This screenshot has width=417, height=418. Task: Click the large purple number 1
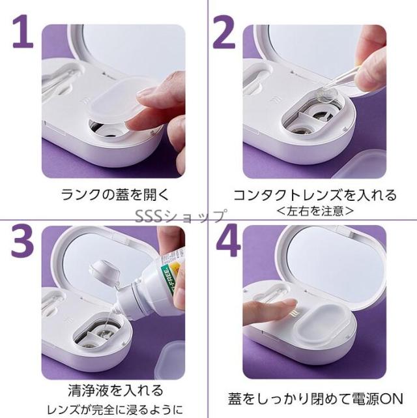click(23, 31)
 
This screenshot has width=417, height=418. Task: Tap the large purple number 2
click(224, 32)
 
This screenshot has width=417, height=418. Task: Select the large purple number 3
click(22, 240)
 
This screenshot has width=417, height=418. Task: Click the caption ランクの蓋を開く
click(115, 194)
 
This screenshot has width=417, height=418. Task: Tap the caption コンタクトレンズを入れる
click(315, 195)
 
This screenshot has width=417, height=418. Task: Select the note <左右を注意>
click(315, 211)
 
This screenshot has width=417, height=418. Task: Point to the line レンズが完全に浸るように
click(115, 410)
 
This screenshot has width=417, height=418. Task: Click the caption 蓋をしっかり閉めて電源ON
click(315, 398)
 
